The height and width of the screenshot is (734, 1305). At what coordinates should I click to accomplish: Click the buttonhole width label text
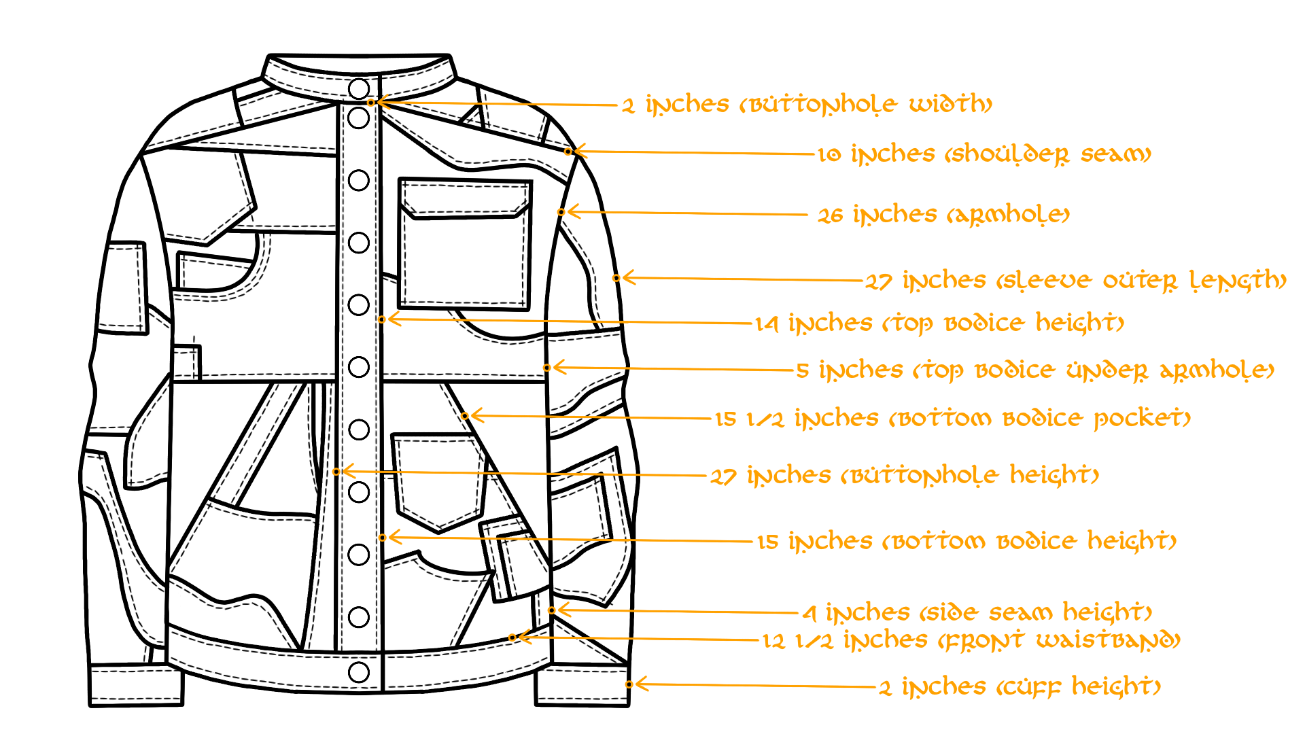click(x=807, y=105)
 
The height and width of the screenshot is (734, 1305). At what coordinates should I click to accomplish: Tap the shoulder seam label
click(x=984, y=154)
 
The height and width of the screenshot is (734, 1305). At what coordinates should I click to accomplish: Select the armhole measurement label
click(x=943, y=215)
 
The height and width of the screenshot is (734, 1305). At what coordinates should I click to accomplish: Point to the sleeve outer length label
click(x=1075, y=280)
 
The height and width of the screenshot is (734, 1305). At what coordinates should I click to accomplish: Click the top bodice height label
click(x=939, y=323)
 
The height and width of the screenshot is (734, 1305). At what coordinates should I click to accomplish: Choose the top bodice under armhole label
click(x=1034, y=370)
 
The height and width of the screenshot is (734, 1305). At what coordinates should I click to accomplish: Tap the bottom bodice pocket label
click(x=953, y=418)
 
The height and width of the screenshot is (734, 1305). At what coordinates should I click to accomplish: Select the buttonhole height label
click(x=904, y=475)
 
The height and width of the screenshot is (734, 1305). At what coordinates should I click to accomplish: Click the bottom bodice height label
click(x=967, y=541)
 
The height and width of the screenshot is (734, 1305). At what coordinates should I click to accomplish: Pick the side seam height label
click(x=977, y=612)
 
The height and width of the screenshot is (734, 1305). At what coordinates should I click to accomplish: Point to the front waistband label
click(x=971, y=640)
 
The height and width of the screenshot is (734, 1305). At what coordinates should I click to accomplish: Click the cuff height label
click(x=1020, y=686)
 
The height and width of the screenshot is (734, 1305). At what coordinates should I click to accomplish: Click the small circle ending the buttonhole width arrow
click(x=370, y=103)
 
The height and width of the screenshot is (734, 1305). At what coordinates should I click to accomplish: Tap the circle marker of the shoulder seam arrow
click(x=568, y=152)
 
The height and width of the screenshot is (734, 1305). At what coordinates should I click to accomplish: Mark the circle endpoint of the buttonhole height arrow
click(x=336, y=472)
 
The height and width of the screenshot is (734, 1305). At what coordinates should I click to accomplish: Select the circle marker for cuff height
click(x=629, y=684)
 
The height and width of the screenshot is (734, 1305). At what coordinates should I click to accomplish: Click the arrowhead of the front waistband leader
click(x=524, y=637)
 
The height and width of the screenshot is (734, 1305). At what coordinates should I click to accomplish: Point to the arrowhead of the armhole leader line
click(x=572, y=212)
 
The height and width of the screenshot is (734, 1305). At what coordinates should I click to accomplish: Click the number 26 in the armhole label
click(x=830, y=216)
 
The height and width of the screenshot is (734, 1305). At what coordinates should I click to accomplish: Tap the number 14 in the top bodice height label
click(x=767, y=324)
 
